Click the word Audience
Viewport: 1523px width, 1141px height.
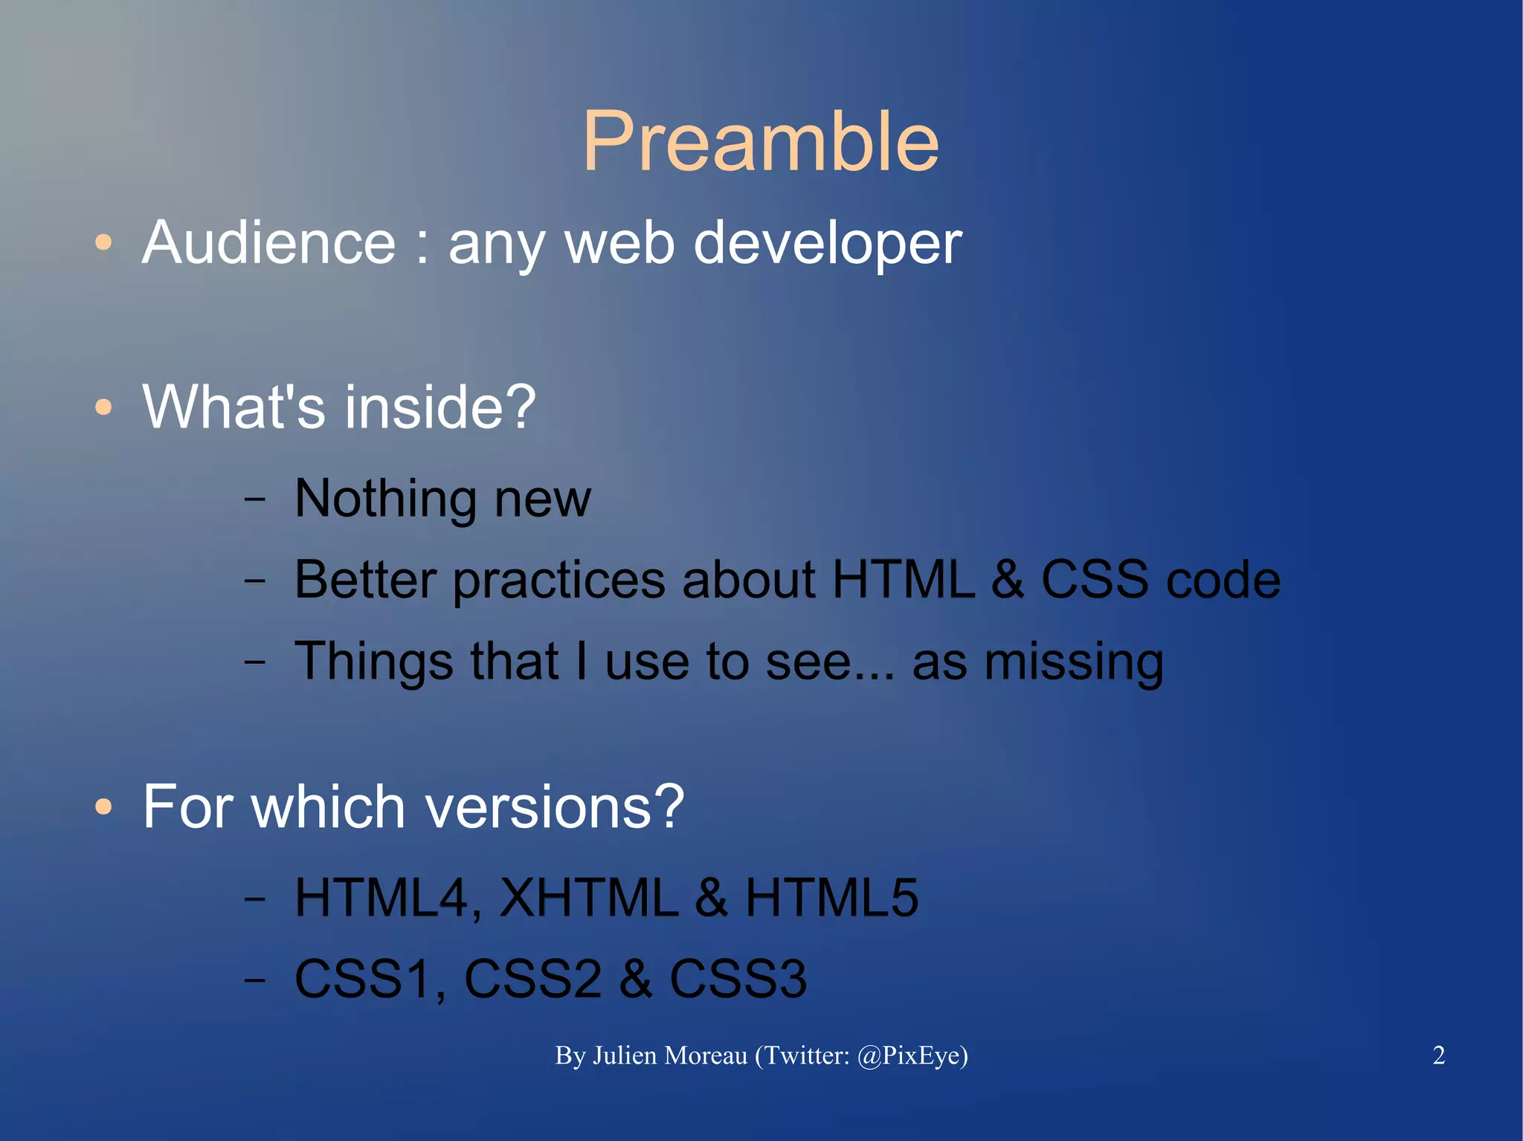(x=269, y=243)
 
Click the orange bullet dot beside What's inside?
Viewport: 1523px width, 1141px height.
(x=103, y=407)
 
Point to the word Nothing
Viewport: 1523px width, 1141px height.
(x=384, y=499)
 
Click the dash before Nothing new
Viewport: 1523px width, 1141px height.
(x=255, y=499)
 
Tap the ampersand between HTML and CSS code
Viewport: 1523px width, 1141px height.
(x=1007, y=580)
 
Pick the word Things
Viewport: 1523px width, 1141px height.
(x=374, y=662)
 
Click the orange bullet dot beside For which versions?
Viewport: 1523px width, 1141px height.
(x=103, y=807)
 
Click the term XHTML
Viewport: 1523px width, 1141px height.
(x=589, y=898)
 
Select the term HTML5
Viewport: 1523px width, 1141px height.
(x=831, y=898)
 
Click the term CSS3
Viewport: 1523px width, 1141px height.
(x=738, y=979)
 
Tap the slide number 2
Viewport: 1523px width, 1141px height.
(x=1438, y=1056)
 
